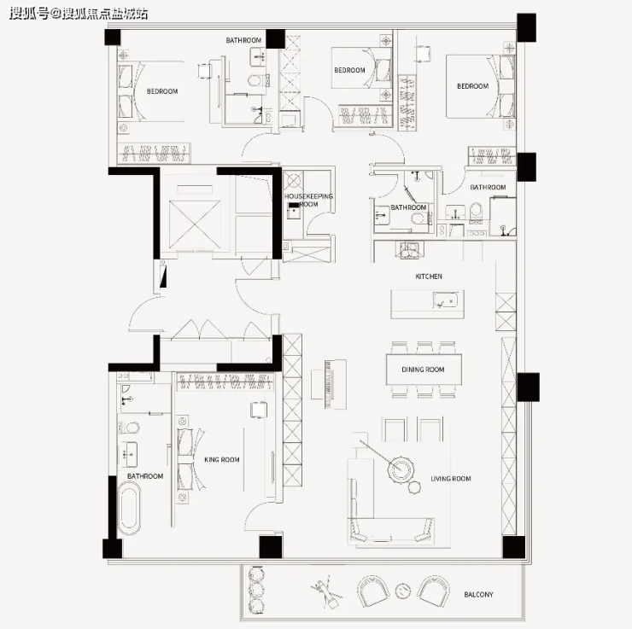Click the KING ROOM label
point(222,459)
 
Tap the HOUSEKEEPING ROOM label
point(309,200)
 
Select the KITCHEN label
point(429,277)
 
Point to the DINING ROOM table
point(424,370)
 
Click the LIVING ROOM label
point(451,479)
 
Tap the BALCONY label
point(478,594)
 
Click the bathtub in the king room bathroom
point(129,508)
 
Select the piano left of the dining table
point(329,384)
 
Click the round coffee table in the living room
point(401,468)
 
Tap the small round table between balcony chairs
point(402,591)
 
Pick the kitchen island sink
point(445,300)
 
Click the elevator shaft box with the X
point(195,224)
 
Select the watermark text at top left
point(79,14)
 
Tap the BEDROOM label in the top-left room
point(162,91)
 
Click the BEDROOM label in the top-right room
point(472,86)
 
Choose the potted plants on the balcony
point(255,590)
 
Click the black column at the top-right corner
point(526,27)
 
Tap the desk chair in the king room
point(259,410)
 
